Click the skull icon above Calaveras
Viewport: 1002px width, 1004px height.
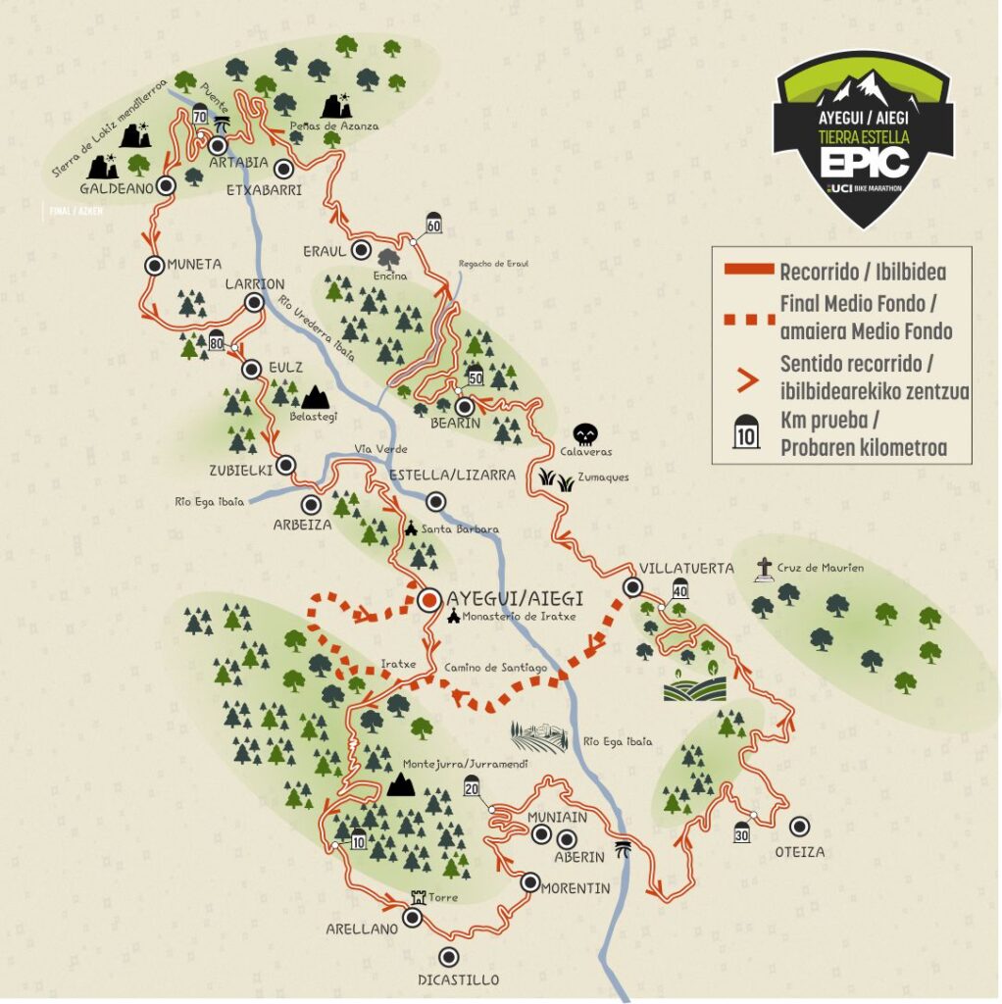[x=585, y=433]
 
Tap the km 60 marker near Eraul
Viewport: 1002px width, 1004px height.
[x=433, y=224]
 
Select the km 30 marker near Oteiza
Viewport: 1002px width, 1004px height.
[x=742, y=831]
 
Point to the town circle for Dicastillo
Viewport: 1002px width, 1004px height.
[x=449, y=957]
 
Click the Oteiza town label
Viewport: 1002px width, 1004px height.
[x=800, y=852]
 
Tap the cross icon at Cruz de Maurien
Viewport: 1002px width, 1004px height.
[x=765, y=568]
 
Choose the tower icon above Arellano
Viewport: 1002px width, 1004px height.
[x=420, y=897]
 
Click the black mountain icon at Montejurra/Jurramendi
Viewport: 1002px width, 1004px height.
[x=399, y=784]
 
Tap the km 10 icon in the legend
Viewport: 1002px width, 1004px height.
[x=746, y=435]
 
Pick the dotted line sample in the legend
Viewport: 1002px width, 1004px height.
[x=746, y=318]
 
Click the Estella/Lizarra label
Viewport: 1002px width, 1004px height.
[x=452, y=476]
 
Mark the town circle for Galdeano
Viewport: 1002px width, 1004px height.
[x=167, y=184]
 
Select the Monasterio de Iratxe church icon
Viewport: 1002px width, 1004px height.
[x=453, y=617]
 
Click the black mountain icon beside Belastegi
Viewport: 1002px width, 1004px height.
[x=315, y=397]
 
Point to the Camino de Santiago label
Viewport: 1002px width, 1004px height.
[x=495, y=668]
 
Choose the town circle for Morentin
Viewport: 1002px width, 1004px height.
[x=529, y=880]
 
